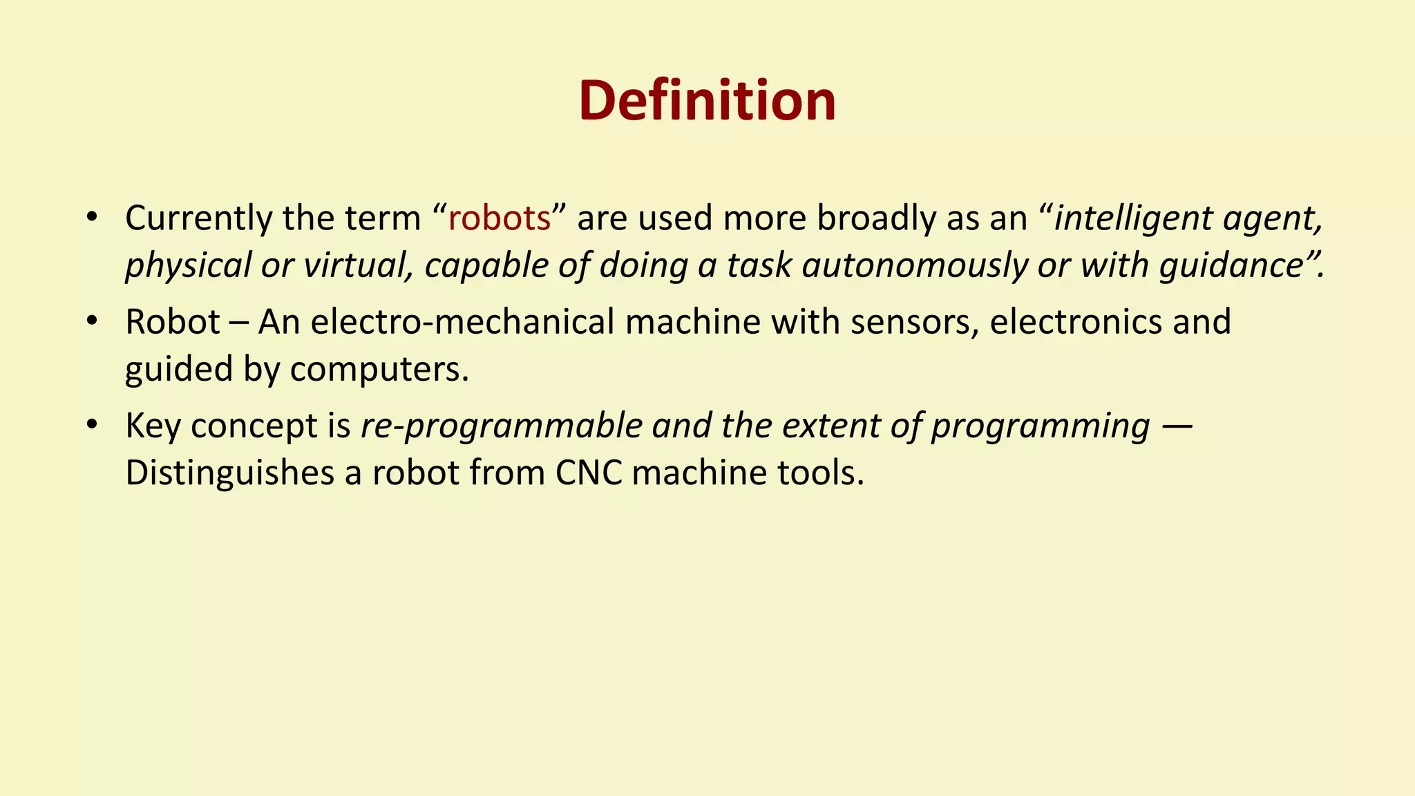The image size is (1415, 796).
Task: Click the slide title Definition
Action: click(x=707, y=101)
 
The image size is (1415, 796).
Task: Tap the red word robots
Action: click(x=499, y=218)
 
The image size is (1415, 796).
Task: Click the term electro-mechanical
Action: click(x=462, y=323)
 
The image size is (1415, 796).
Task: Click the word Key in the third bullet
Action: click(x=152, y=426)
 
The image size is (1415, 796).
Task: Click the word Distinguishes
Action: click(x=229, y=474)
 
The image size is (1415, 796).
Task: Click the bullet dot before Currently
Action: click(x=91, y=217)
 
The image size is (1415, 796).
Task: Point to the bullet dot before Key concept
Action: click(x=91, y=424)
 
